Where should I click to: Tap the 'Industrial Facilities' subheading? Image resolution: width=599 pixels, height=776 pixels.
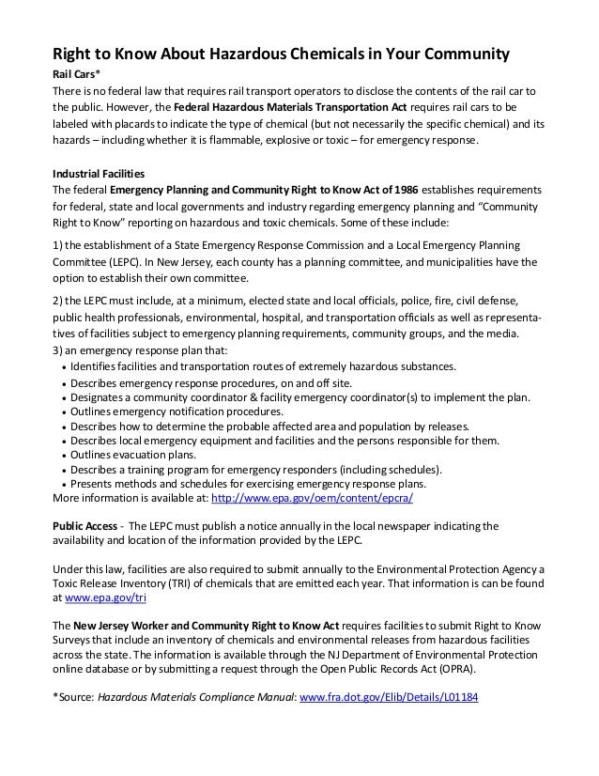(x=97, y=174)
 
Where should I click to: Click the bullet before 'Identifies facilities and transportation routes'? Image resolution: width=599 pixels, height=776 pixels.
(x=63, y=367)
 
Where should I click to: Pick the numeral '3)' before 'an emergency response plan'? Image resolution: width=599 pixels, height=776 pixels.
(x=55, y=351)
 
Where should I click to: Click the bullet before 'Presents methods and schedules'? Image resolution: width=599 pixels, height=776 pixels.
(x=63, y=485)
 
